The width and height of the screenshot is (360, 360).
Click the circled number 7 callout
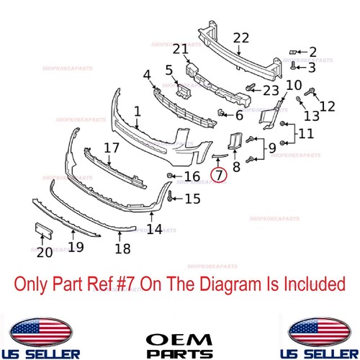[218, 174]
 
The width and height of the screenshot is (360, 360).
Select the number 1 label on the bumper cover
[138, 112]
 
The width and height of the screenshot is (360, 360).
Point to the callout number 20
[45, 253]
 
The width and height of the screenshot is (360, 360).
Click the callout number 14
[153, 231]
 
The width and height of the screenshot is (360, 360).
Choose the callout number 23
[269, 91]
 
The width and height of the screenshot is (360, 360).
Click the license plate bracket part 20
[44, 233]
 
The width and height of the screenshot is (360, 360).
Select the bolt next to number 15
[169, 195]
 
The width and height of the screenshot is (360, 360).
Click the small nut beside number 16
[169, 176]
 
